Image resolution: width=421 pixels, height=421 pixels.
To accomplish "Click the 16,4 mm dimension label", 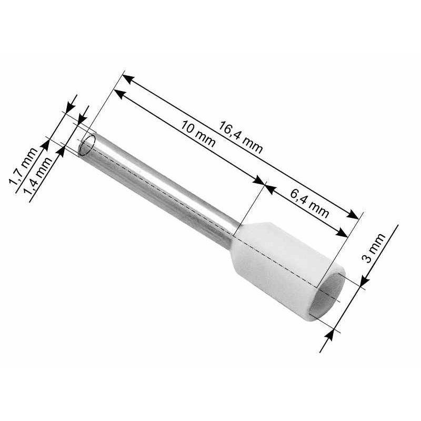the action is coord(240,137).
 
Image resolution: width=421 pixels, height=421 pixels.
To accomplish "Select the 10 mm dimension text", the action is coord(198,134).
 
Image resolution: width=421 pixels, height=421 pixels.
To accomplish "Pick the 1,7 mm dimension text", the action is coord(23,166).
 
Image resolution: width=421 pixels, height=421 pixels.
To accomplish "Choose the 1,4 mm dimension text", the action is coord(38,176).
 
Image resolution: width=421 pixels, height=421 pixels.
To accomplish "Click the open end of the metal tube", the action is coord(87,145).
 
